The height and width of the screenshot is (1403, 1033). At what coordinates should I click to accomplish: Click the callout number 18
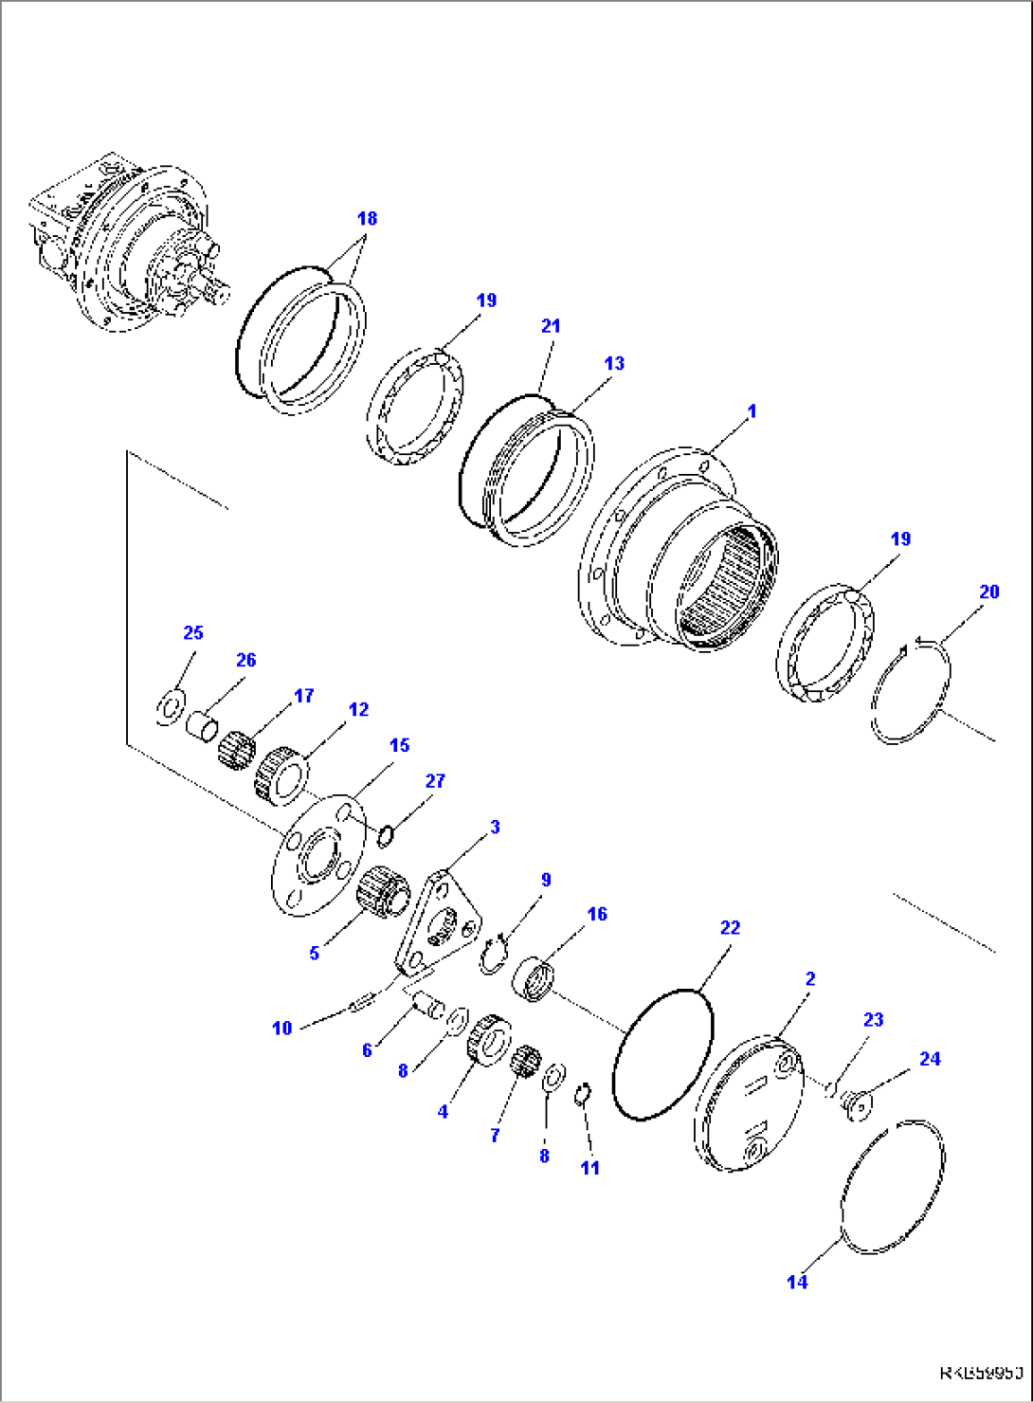point(367,219)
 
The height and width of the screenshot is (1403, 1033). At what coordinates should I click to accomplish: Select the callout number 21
point(551,326)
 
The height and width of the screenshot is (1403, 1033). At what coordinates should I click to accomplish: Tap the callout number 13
point(614,364)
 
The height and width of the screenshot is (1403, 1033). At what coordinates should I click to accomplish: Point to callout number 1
point(752,412)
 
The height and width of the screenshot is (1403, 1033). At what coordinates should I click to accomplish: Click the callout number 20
point(988,592)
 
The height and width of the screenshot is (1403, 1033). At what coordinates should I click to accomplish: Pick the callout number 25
point(193,633)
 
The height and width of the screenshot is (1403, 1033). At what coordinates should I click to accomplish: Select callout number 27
point(434,782)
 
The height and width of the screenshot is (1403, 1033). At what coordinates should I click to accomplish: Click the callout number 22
point(730,928)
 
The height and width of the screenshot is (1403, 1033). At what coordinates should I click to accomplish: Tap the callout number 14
point(797,1283)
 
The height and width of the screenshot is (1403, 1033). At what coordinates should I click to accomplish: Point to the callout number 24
point(930,1059)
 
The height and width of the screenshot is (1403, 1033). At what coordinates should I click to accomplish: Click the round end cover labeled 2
point(749,1105)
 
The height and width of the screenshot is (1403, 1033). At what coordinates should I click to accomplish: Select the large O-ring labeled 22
point(662,1054)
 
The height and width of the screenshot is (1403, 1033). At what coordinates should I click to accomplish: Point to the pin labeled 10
point(363,1002)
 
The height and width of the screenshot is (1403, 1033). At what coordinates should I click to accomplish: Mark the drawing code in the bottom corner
point(981,1373)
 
